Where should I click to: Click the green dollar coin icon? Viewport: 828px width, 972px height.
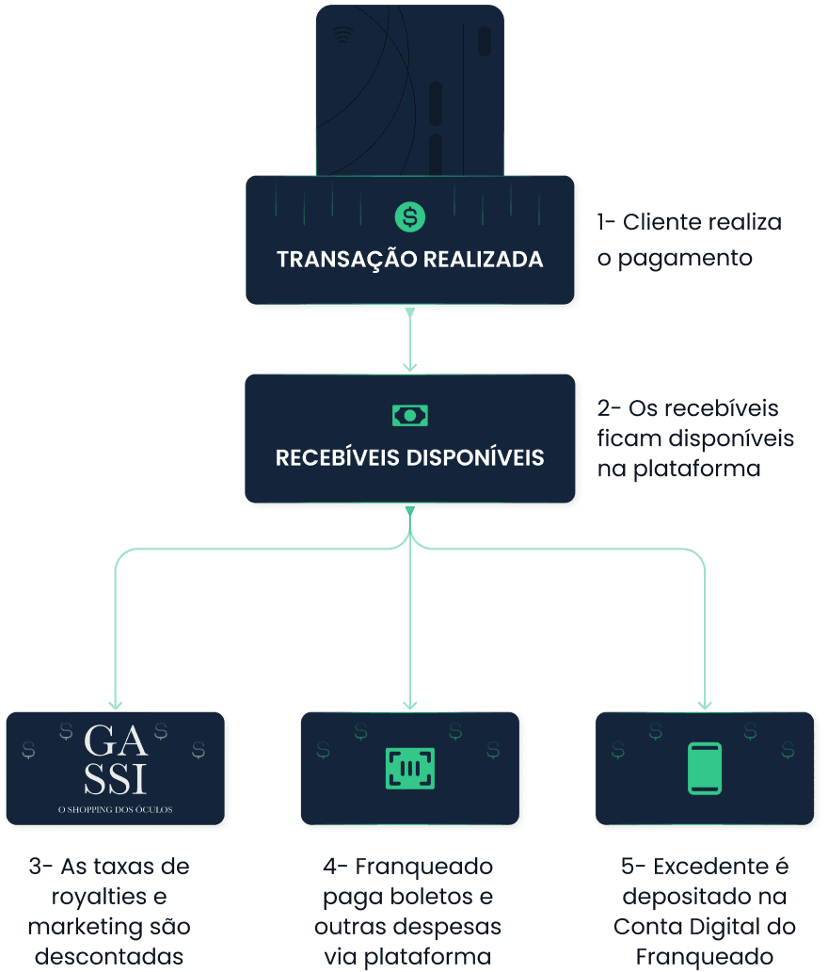pos(409,216)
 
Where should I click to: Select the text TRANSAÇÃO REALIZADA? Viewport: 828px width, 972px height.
pos(410,259)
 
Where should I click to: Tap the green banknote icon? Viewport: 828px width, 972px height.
pos(409,415)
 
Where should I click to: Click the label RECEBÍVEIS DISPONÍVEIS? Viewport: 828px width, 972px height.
pos(410,458)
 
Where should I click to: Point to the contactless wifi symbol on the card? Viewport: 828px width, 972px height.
pos(342,36)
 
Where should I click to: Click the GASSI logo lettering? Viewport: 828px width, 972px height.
pos(116,760)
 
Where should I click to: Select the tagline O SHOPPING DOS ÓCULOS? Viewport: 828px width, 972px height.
pos(116,809)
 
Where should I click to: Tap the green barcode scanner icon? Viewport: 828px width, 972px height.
pos(409,768)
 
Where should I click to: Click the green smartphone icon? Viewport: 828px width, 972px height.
pos(705,768)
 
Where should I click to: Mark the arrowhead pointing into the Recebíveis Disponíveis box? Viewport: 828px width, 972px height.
pos(409,366)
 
